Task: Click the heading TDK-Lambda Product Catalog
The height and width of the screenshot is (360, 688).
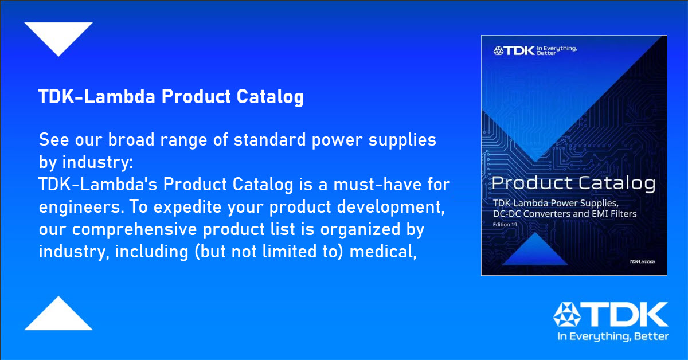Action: [x=171, y=97]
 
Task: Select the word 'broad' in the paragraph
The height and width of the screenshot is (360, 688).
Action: [x=131, y=140]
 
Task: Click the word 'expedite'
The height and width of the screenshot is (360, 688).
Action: [x=187, y=208]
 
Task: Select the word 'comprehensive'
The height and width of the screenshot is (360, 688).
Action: [x=134, y=230]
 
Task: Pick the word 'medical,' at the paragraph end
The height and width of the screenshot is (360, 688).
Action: [x=383, y=252]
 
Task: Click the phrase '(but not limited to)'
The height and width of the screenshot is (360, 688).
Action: [x=269, y=252]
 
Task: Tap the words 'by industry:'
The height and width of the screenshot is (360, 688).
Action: [x=86, y=162]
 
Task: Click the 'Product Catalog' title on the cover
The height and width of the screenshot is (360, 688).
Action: [x=573, y=183]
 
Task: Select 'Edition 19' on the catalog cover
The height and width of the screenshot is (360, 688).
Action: [x=505, y=225]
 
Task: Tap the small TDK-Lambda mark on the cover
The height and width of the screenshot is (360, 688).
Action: [x=642, y=262]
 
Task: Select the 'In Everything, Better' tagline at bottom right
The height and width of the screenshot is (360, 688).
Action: [x=613, y=336]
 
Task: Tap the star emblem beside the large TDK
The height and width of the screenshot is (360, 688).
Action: [x=566, y=315]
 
